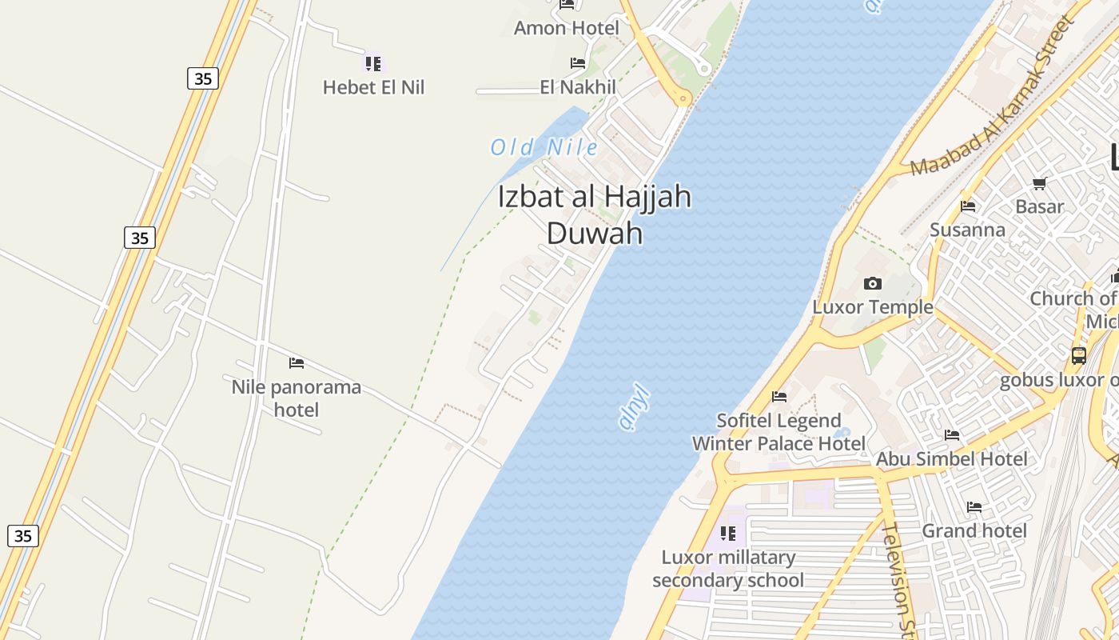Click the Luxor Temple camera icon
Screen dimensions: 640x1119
click(x=873, y=283)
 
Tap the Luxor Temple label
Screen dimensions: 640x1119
click(x=873, y=307)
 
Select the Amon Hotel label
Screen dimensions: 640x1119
click(x=566, y=28)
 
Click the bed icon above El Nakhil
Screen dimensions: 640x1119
click(x=578, y=62)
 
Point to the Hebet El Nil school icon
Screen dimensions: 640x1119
click(x=373, y=63)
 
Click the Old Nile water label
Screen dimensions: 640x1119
click(x=544, y=147)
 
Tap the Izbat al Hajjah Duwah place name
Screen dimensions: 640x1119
click(x=595, y=214)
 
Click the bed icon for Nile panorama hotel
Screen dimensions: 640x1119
click(x=297, y=362)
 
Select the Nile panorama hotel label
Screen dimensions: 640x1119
click(x=297, y=398)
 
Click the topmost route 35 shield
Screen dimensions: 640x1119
click(x=203, y=78)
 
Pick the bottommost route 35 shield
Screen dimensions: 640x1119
click(x=23, y=535)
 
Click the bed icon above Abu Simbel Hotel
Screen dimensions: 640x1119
click(x=952, y=435)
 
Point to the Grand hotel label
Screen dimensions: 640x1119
click(x=974, y=530)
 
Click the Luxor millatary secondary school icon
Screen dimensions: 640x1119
click(x=727, y=533)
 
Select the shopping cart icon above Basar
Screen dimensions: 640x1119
click(x=1040, y=184)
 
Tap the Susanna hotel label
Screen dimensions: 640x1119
click(x=967, y=230)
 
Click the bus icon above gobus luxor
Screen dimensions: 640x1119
click(x=1079, y=355)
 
